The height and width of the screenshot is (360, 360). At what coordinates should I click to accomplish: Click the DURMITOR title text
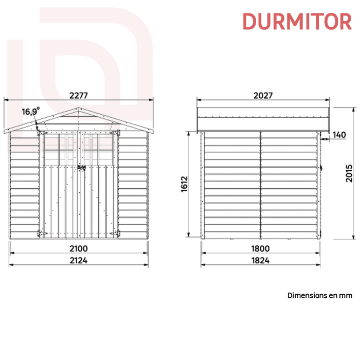(297, 22)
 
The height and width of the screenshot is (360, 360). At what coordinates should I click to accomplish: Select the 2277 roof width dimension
(79, 95)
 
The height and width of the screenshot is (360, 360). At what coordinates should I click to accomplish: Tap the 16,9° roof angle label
(30, 112)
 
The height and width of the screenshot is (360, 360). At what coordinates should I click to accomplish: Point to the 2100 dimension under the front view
(79, 248)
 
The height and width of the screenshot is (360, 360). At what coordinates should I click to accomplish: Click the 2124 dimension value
(79, 260)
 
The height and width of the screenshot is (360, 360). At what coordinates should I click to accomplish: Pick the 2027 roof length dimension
(263, 95)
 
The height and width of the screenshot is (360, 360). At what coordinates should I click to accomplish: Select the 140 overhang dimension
(339, 135)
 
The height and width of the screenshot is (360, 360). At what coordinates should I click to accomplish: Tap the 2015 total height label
(349, 174)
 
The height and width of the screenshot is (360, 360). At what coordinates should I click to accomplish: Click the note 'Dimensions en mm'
(319, 295)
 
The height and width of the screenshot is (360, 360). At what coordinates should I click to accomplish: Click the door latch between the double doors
(80, 168)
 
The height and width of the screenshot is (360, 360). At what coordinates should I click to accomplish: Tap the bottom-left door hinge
(41, 234)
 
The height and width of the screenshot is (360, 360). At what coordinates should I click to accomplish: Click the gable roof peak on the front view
(79, 109)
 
